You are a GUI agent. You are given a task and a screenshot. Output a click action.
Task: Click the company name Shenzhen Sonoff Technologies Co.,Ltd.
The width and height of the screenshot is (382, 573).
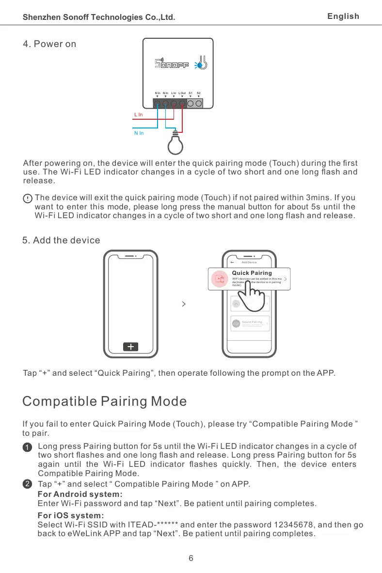[x=99, y=17]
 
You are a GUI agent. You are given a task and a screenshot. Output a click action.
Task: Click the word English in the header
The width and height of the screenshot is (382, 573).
[x=343, y=16]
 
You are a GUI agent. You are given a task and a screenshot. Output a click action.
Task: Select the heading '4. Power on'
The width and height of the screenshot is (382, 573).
[x=49, y=44]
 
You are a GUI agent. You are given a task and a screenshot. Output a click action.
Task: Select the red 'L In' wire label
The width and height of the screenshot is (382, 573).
[x=139, y=115]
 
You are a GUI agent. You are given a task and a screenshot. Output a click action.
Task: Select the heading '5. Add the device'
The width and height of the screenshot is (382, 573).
[x=62, y=240]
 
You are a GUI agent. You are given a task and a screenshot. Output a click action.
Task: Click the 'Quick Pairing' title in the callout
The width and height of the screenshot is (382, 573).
[x=252, y=272]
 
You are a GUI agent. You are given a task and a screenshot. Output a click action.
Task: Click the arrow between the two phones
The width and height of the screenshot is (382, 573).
[x=183, y=304]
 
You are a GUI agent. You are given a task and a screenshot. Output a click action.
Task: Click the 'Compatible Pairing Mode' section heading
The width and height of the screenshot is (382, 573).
[x=105, y=401]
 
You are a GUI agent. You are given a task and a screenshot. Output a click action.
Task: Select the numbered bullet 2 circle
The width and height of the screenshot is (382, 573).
[x=28, y=484]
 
